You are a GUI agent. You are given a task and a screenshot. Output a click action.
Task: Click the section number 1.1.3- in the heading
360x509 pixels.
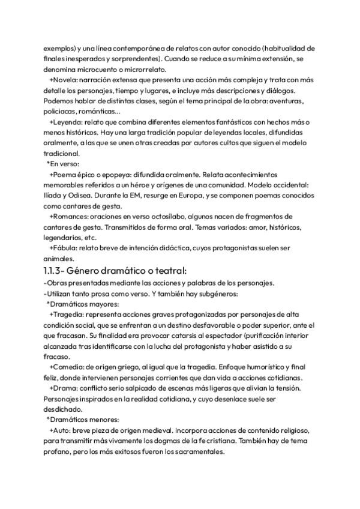pyautogui.click(x=58, y=271)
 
